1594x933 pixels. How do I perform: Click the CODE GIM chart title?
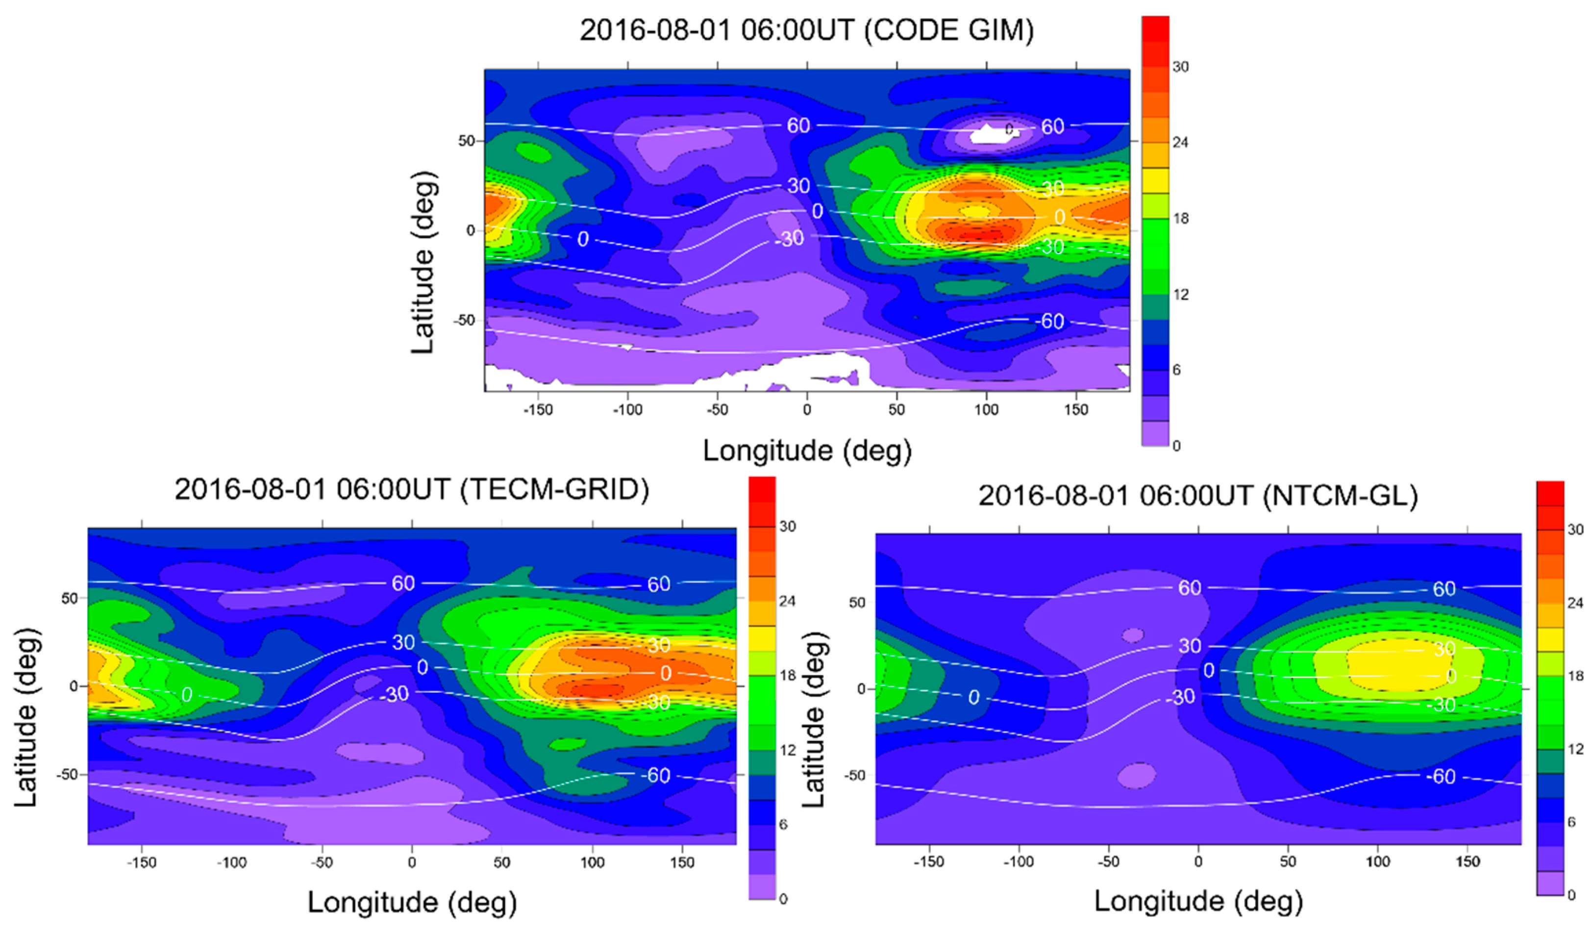[x=806, y=30]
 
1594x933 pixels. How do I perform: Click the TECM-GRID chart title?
[x=412, y=490]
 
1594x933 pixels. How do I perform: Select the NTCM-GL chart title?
[x=1198, y=496]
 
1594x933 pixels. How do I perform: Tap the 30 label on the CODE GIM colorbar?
[x=1180, y=66]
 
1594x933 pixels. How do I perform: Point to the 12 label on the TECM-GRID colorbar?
[x=788, y=750]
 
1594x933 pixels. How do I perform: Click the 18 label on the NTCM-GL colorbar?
[x=1575, y=676]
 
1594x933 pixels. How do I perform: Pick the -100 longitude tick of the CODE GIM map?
[x=627, y=410]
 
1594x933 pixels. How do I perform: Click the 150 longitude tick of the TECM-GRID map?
[x=682, y=863]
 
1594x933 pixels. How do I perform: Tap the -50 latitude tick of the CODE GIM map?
[x=464, y=321]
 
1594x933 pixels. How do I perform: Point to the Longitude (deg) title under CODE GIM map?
[x=807, y=451]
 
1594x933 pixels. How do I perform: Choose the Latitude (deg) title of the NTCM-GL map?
[x=814, y=720]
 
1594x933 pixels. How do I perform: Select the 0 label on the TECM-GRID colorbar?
[x=783, y=899]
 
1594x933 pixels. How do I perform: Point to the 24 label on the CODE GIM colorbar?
[x=1180, y=142]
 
